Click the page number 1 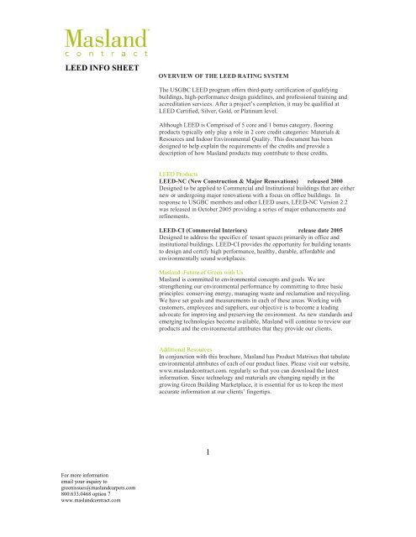coord(217,453)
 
